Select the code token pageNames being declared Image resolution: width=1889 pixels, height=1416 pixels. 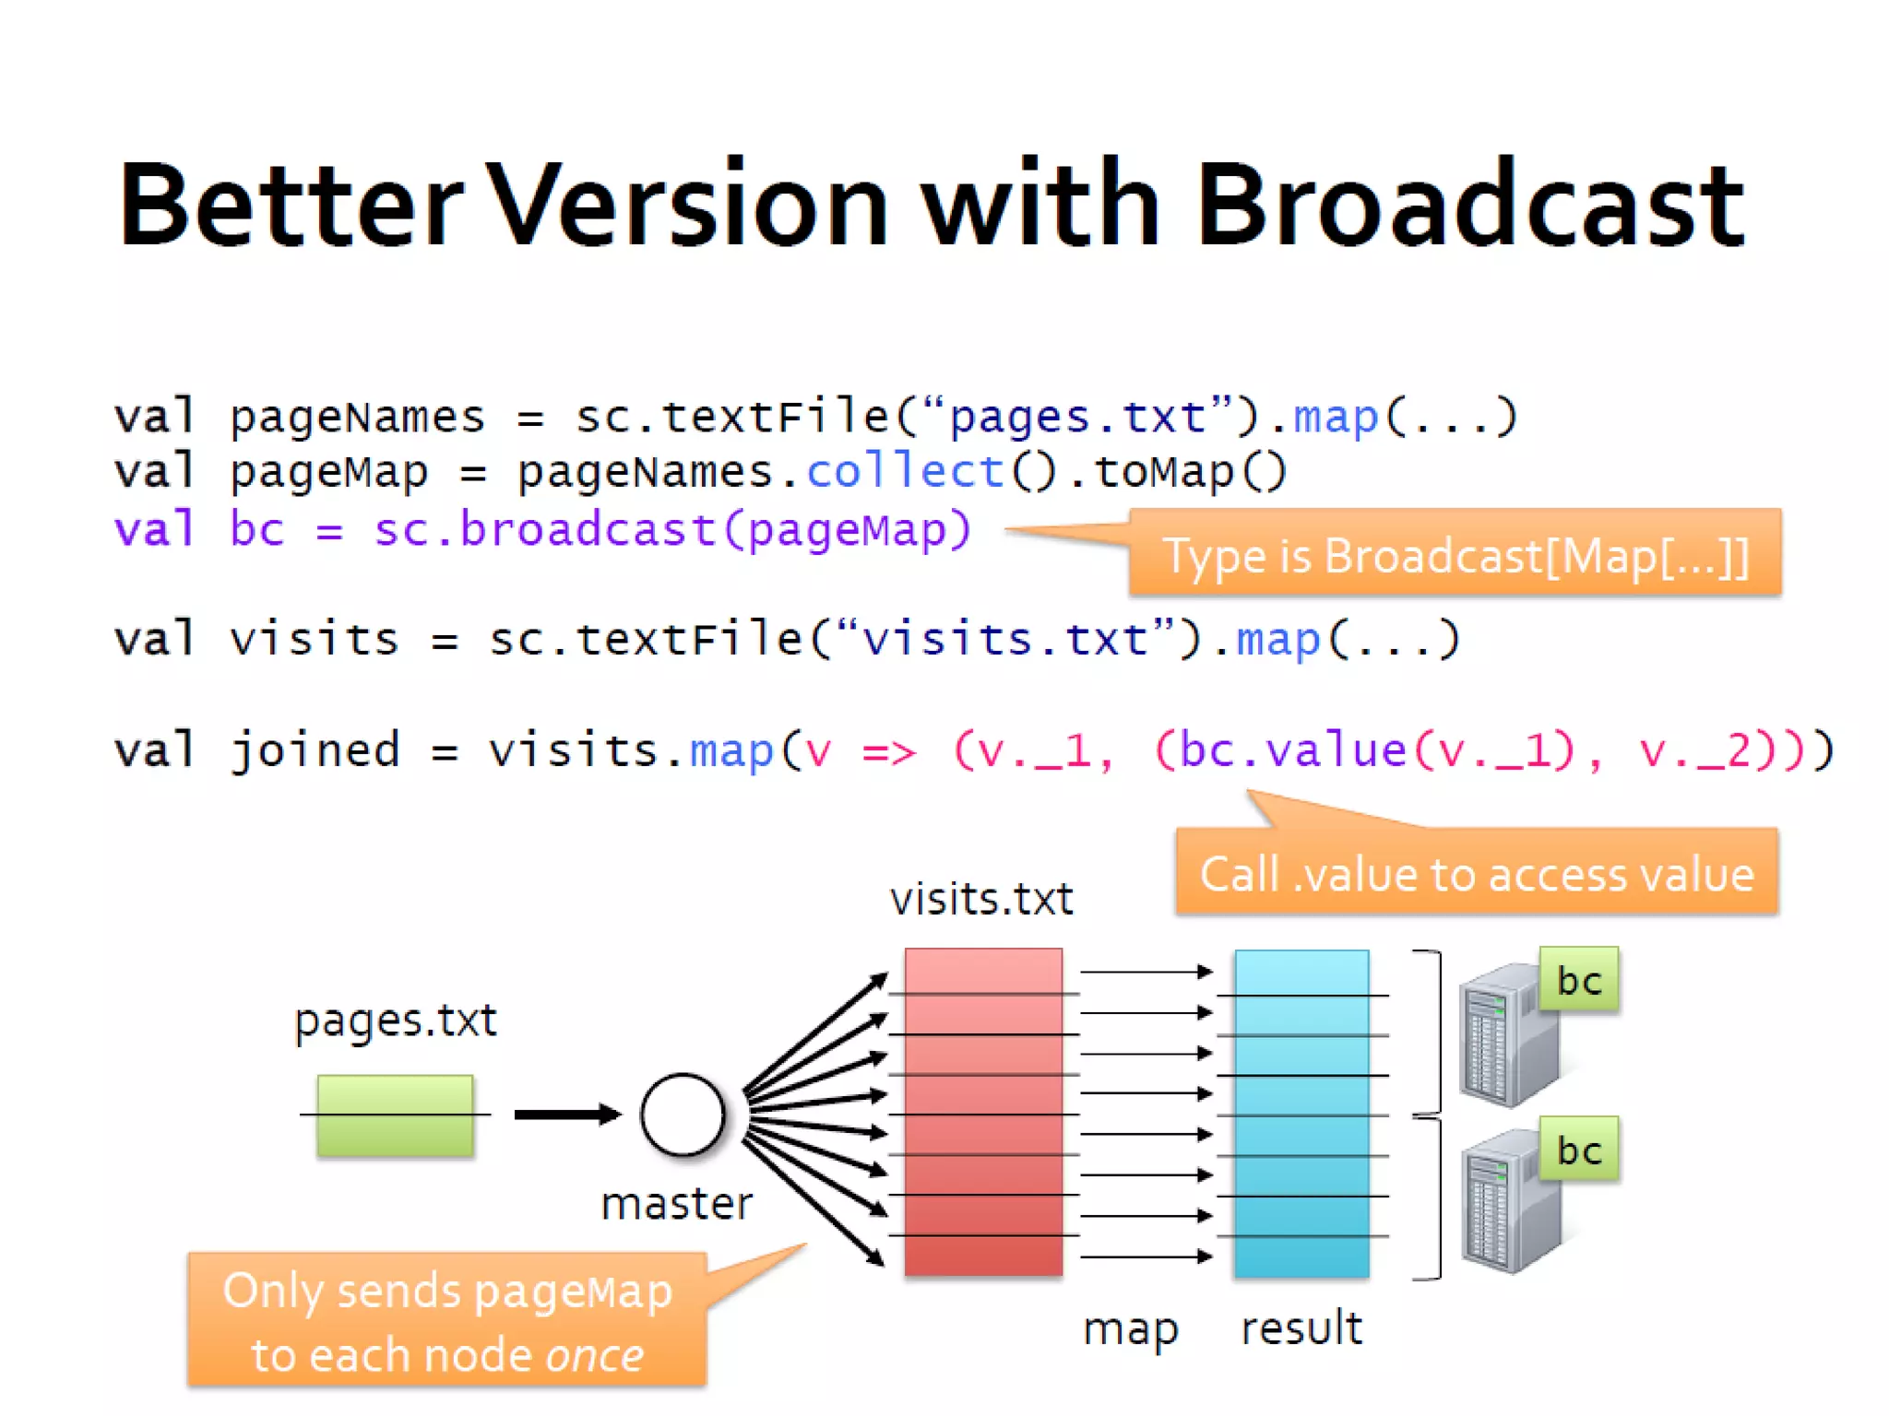point(357,418)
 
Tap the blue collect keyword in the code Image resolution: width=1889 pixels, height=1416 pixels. point(904,473)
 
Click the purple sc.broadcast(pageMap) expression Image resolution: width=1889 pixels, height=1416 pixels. point(672,530)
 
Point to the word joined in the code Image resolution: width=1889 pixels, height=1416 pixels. point(315,750)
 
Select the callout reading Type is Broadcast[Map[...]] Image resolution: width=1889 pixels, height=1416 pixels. point(1455,555)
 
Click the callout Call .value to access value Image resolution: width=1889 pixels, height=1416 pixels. point(1476,873)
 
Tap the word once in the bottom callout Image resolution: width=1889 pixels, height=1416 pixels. point(594,1355)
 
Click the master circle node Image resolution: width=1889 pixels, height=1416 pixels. point(683,1115)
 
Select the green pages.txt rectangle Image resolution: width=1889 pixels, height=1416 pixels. point(395,1115)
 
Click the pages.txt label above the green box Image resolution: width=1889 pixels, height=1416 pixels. point(395,1021)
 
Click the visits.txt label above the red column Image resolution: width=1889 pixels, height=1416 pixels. point(981,899)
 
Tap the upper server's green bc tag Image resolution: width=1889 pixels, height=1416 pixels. point(1578,980)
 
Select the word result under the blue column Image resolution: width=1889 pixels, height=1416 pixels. point(1301,1328)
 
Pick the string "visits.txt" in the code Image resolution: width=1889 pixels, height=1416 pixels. point(1004,640)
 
